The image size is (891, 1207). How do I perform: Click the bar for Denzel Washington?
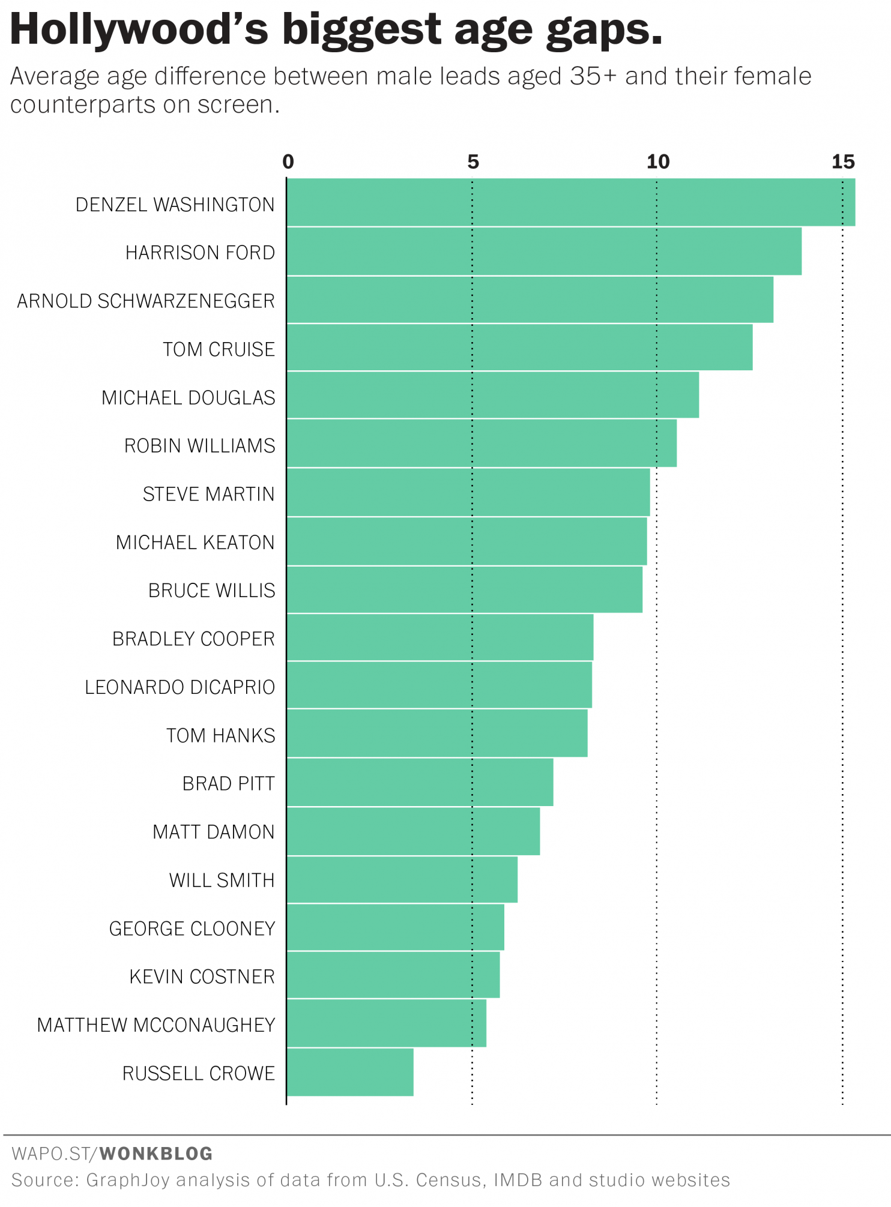570,202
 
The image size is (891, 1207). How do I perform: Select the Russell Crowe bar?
350,1072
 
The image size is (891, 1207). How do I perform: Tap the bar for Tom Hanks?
437,733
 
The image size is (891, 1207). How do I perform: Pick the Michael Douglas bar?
492,395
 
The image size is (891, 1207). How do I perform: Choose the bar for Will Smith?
402,879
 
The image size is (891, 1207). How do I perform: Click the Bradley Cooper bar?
440,637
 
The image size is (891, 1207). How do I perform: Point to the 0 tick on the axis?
288,161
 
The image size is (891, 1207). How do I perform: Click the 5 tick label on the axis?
473,161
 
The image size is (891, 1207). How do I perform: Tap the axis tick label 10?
657,161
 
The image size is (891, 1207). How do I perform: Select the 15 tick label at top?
843,161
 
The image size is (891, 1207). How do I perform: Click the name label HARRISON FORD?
200,253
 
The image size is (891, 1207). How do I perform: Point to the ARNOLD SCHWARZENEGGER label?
146,301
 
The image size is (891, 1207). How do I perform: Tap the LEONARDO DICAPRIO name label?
180,687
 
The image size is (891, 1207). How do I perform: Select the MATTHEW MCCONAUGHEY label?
156,1025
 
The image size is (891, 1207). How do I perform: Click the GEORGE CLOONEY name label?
192,929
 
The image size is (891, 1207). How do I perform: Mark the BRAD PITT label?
228,784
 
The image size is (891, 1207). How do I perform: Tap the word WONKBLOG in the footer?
156,1154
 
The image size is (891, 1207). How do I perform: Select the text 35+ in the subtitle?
593,77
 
